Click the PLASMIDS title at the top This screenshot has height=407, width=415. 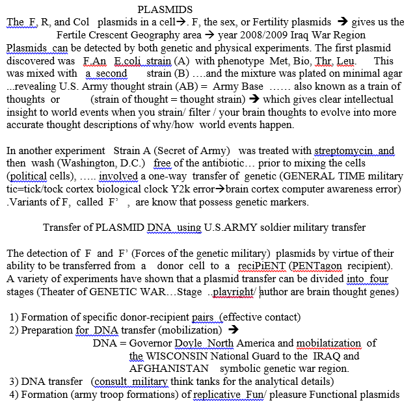165,10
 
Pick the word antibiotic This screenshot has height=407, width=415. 252,163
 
